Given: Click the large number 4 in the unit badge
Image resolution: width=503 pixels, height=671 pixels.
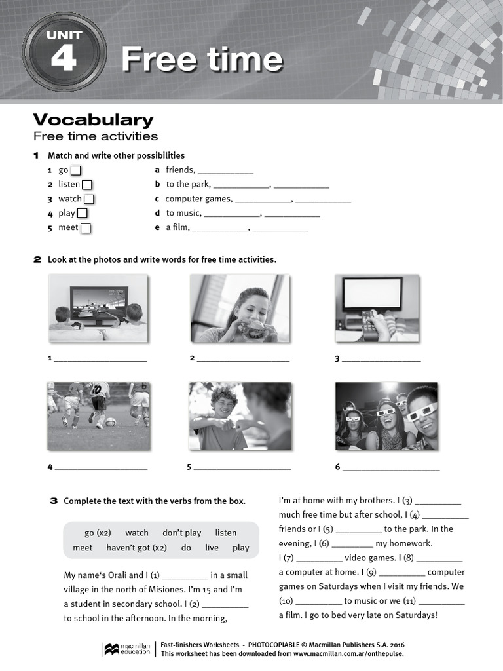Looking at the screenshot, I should (63, 58).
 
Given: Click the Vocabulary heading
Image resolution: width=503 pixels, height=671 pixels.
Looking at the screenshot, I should (93, 120).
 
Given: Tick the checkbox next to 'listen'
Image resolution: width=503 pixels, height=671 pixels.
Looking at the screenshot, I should (86, 185).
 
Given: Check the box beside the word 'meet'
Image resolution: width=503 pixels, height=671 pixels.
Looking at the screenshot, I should (85, 228).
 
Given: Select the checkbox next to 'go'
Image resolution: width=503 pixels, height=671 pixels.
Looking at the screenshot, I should (75, 170).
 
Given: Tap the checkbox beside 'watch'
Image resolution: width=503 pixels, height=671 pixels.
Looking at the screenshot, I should (89, 199).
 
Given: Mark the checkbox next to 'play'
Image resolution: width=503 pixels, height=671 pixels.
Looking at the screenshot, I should (83, 214).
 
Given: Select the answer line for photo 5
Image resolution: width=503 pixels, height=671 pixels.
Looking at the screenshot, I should (242, 469).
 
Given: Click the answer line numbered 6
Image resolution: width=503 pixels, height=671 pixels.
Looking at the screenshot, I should (391, 469).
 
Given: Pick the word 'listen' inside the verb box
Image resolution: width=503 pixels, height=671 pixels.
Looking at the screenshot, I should (225, 533).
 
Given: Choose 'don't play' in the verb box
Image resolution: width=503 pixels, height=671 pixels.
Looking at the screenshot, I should (181, 533).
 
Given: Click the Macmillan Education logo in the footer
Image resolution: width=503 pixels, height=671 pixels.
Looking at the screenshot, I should (127, 649).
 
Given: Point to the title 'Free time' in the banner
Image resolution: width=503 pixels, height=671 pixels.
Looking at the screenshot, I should (202, 60).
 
